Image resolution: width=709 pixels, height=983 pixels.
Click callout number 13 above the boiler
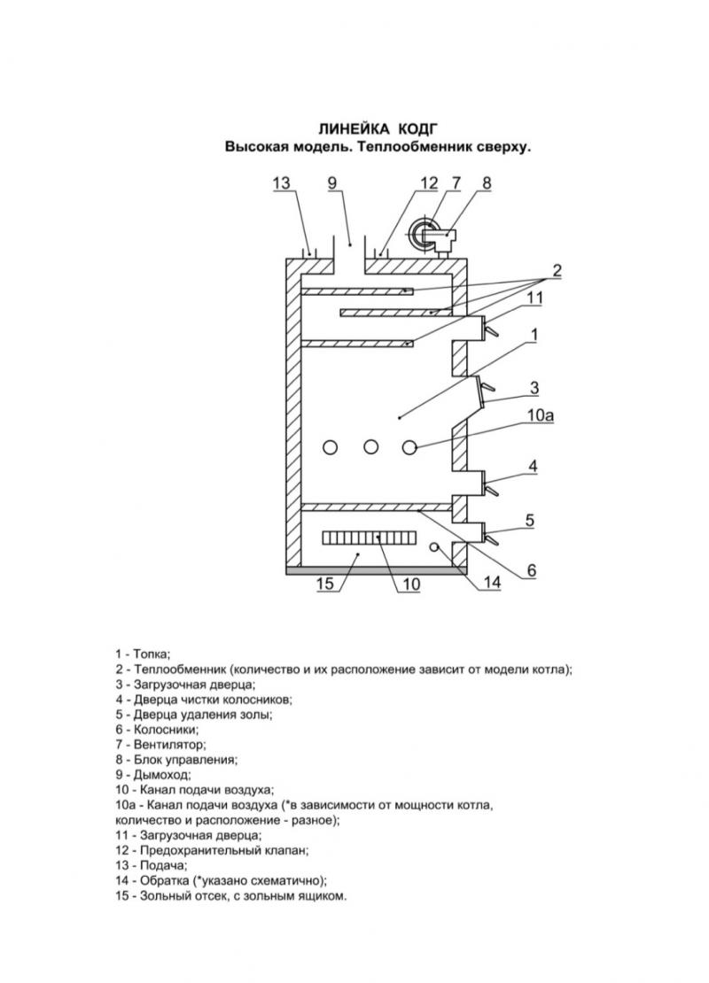(x=282, y=182)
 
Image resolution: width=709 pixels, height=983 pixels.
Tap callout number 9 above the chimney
(x=332, y=182)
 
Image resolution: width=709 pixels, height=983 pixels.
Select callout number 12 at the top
(x=429, y=182)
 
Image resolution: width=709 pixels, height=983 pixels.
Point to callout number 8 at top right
(x=487, y=182)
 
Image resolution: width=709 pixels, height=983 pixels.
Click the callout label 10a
(x=541, y=415)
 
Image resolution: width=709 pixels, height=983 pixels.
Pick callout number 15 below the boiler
(x=325, y=584)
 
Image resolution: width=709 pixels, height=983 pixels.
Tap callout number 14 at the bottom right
(x=493, y=583)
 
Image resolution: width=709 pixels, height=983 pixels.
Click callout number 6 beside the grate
(x=532, y=569)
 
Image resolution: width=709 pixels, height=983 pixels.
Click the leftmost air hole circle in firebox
(x=330, y=447)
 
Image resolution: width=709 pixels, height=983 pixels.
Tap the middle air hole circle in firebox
(x=370, y=447)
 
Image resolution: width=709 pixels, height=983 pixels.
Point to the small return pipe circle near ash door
(x=433, y=546)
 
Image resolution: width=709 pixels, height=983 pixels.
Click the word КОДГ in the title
(x=417, y=129)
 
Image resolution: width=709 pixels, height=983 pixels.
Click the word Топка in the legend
(x=152, y=654)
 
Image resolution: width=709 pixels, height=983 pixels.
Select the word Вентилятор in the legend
(x=169, y=745)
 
